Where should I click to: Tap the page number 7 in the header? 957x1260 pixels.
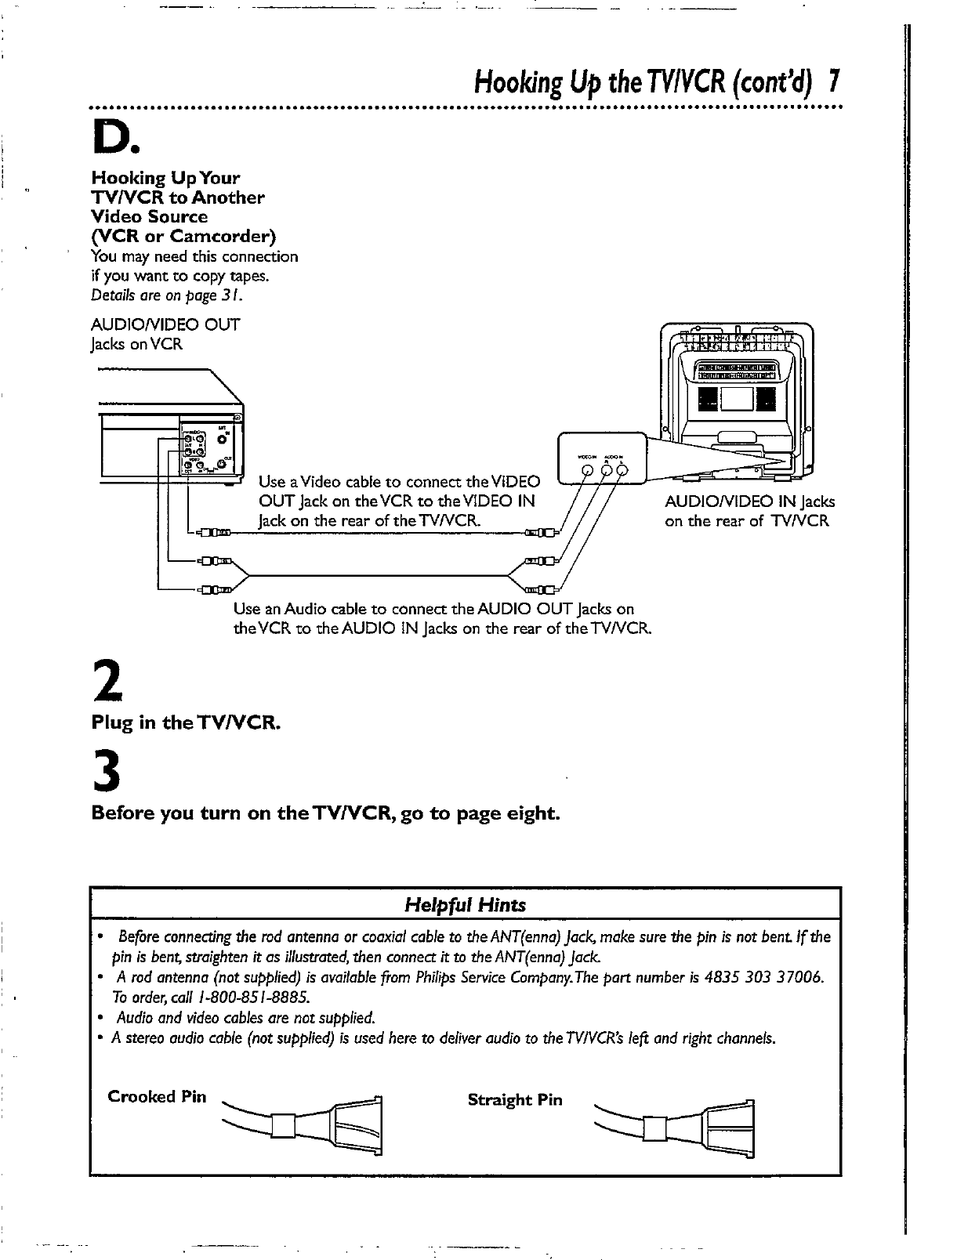coord(835,80)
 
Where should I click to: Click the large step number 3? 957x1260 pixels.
coord(107,772)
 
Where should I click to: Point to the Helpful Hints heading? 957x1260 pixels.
coord(465,905)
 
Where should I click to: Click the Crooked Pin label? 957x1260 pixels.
coord(157,1096)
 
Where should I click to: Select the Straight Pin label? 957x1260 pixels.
coord(515,1099)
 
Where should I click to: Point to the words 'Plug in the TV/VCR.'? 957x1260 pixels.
coord(186,722)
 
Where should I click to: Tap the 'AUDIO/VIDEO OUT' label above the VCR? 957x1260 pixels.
coord(165,324)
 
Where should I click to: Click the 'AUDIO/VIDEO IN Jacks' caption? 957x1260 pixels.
coord(749,501)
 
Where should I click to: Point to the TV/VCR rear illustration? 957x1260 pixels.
coord(736,400)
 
